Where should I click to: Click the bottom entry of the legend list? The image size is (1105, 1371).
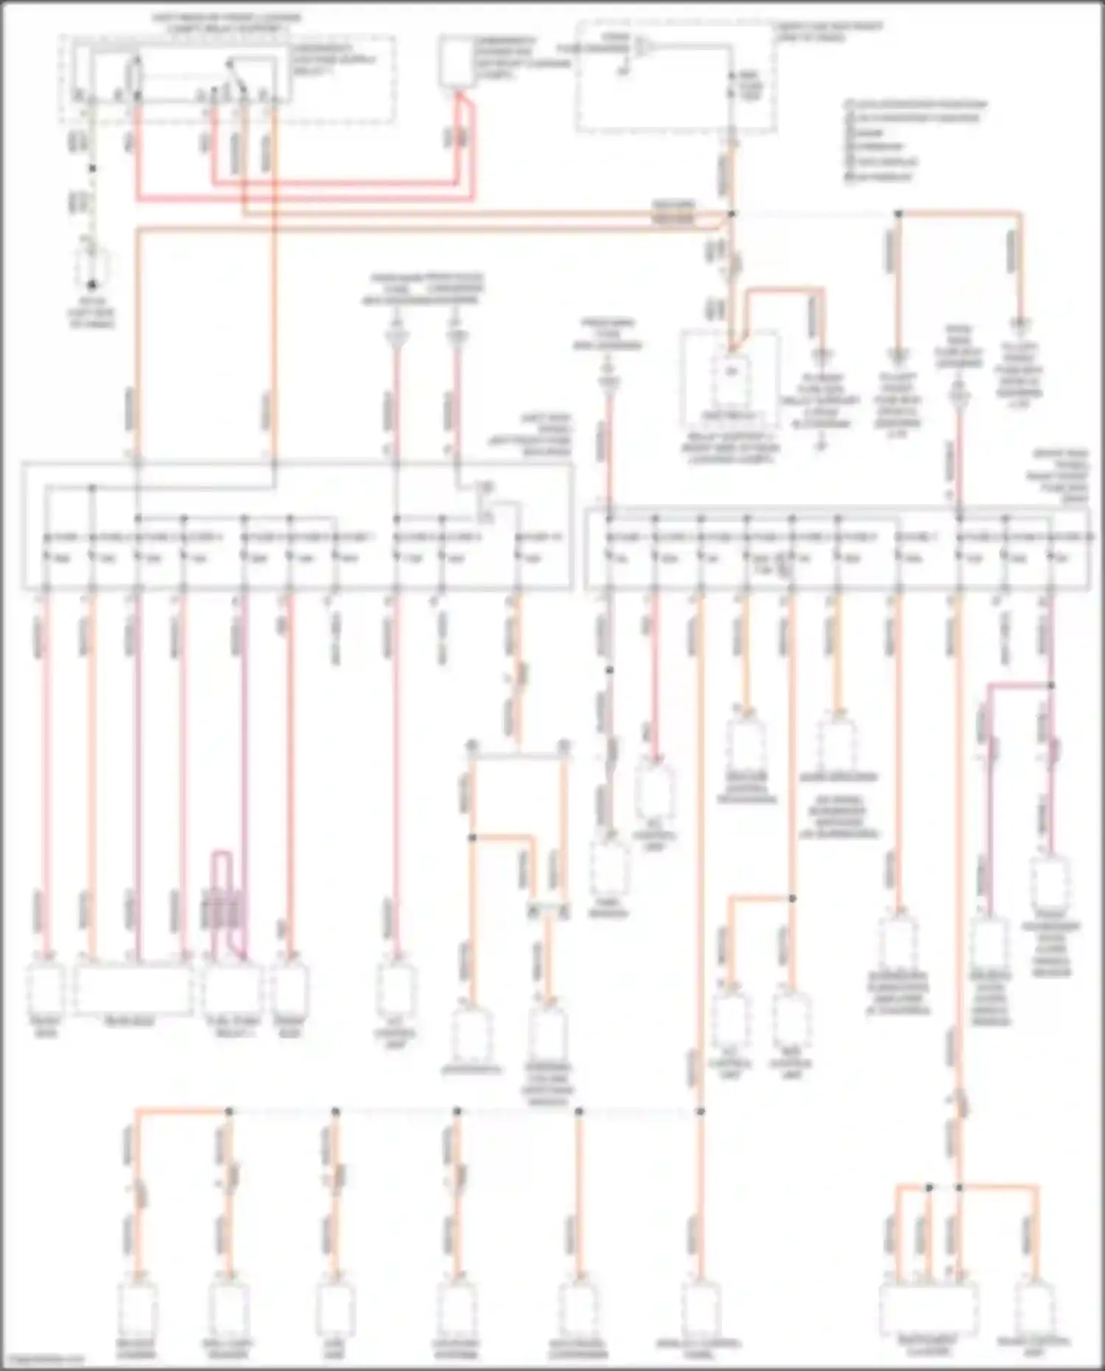click(x=881, y=177)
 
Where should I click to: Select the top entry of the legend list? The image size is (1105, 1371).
click(x=913, y=104)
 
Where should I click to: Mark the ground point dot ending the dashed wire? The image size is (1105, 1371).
click(x=93, y=284)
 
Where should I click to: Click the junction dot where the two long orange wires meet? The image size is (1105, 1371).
click(x=732, y=214)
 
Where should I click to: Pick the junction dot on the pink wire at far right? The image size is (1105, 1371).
click(x=1051, y=686)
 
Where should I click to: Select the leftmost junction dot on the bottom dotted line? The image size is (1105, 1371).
click(x=229, y=1111)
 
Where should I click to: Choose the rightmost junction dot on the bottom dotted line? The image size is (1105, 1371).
click(x=700, y=1111)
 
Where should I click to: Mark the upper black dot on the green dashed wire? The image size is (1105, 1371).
click(x=93, y=169)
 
